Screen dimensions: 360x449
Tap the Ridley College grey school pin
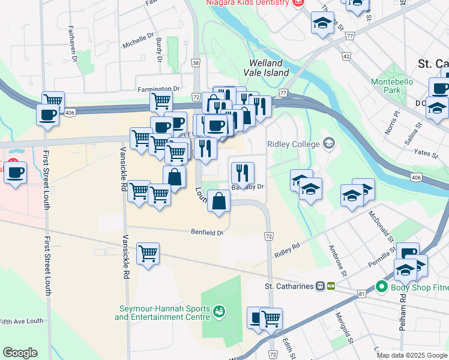click(328, 143)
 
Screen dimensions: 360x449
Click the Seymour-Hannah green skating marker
click(220, 311)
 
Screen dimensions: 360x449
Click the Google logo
click(20, 353)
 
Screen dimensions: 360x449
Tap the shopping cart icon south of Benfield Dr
click(148, 253)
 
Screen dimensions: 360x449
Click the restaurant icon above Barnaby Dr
click(243, 173)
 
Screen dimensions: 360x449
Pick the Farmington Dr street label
click(158, 89)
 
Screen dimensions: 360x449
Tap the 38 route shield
click(196, 62)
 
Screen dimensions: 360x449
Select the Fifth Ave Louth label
click(22, 321)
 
